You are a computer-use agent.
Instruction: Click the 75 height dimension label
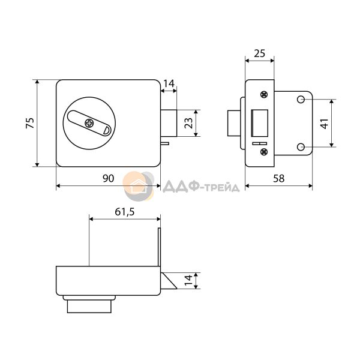coord(30,123)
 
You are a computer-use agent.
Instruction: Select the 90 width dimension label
coord(108,178)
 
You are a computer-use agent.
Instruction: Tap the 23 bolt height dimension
coord(188,123)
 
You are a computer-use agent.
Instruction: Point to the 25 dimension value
coord(259,53)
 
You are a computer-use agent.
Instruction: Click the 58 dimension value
coord(279,178)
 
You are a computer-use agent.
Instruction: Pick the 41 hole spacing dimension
coord(325,124)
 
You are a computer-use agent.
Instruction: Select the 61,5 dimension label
coord(124,212)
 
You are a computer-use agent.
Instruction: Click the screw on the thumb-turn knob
coord(89,124)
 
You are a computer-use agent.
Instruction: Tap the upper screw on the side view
coord(264,95)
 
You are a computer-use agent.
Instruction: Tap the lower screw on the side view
coord(264,152)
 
